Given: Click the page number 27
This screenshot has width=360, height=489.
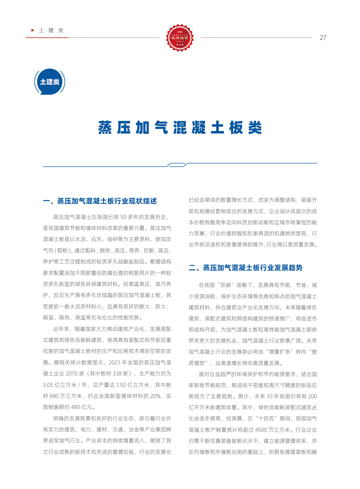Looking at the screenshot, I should coord(323,38).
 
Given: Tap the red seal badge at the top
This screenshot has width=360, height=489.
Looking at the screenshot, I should coord(180,38).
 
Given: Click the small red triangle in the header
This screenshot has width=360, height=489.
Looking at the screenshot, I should coord(33,30).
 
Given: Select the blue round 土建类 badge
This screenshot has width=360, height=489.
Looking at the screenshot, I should coord(50,82).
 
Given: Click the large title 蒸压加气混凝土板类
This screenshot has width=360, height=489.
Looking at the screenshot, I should coord(180,128).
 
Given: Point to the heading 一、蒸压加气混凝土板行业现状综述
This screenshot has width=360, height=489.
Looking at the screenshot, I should coord(100,201).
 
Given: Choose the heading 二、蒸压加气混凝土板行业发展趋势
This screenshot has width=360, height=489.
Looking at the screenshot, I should coord(245,268).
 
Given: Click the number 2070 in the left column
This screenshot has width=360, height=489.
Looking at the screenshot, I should coord(72,373).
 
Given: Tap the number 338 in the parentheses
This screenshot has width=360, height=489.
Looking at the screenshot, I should coord(117,373).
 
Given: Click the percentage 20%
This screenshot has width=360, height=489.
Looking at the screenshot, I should coord(155,396).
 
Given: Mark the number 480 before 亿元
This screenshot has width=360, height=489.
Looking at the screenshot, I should coord(75,407).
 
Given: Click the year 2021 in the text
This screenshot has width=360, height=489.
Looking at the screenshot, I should coord(114,362).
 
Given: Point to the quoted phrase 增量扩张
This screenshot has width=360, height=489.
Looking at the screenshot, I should coord(280,352).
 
